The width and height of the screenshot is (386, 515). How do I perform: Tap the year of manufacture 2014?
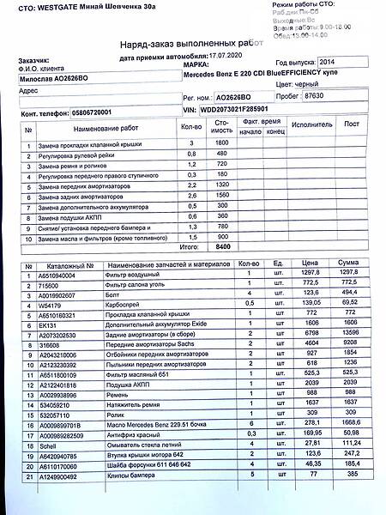point(329,63)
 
